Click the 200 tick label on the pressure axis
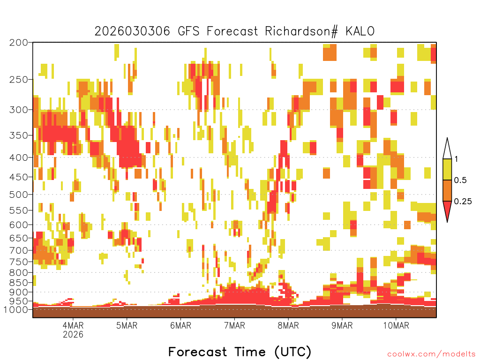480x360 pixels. coord(19,43)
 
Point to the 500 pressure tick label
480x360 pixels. coord(19,195)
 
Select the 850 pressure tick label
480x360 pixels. coord(19,283)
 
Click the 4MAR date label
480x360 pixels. coord(73,325)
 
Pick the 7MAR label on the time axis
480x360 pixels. coord(234,325)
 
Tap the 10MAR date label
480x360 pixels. coord(396,325)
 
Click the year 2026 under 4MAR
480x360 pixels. coord(73,334)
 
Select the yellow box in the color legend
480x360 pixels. coord(447,169)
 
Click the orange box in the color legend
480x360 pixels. coord(447,190)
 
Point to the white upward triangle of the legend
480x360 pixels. coord(447,149)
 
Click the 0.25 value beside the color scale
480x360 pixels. coord(463,202)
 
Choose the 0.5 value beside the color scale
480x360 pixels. coord(460,180)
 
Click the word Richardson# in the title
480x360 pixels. coord(301,31)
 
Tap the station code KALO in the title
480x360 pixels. coord(360,31)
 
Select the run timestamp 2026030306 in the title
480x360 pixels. coord(132,31)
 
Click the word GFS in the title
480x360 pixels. coord(188,31)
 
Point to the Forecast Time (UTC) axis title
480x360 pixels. coord(240,352)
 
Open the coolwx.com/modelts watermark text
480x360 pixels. coord(431,354)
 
